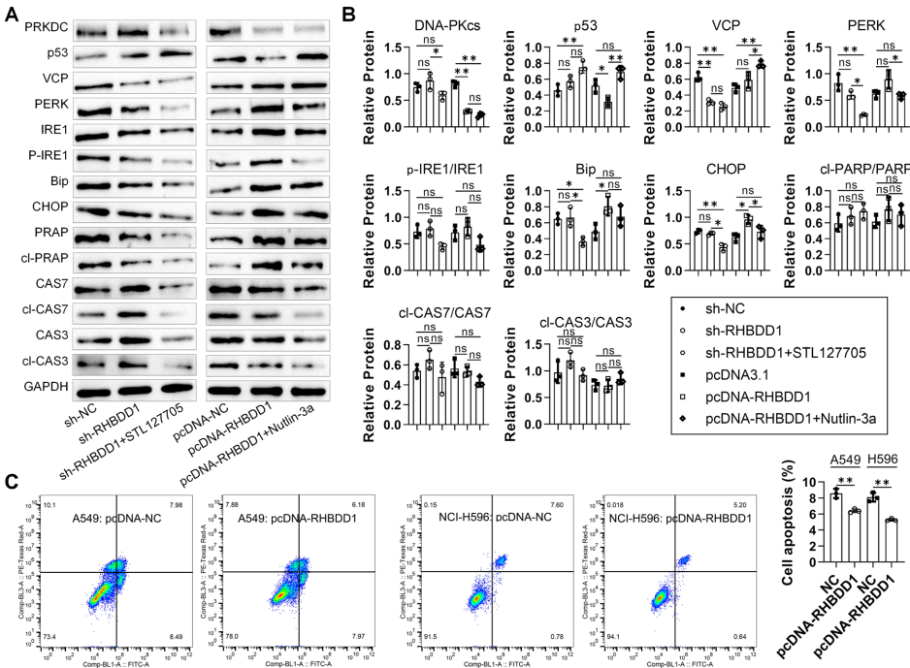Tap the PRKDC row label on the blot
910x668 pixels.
30,28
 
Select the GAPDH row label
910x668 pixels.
29,389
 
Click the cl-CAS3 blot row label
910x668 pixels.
28,364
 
